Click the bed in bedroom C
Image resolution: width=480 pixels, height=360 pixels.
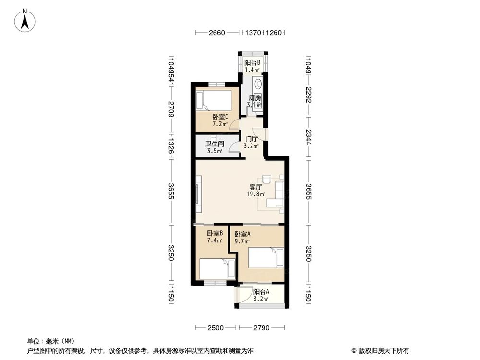click(x=213, y=101)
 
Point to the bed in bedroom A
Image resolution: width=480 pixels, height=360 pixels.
click(x=266, y=257)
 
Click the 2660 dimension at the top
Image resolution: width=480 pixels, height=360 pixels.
click(x=216, y=33)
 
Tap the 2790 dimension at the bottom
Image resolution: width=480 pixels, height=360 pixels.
click(x=263, y=328)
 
